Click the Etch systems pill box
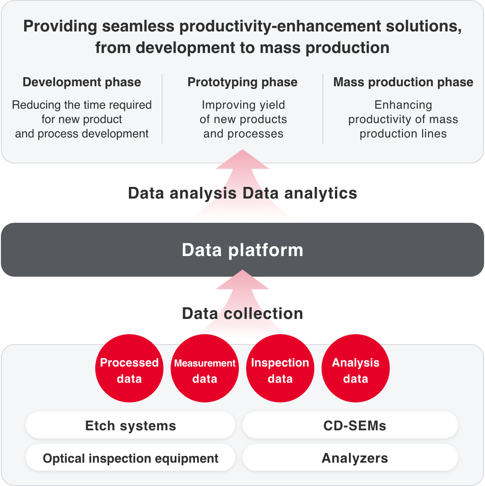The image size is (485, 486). click(x=130, y=425)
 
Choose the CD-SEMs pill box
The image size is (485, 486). click(x=350, y=425)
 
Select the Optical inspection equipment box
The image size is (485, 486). click(x=130, y=458)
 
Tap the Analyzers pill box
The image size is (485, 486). click(x=350, y=458)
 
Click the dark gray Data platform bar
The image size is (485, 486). click(x=242, y=250)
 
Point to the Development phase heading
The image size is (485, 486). click(x=82, y=82)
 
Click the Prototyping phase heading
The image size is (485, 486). click(x=242, y=82)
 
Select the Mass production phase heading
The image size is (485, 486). click(x=403, y=82)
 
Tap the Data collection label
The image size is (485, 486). click(x=242, y=313)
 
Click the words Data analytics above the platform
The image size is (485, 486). click(x=300, y=193)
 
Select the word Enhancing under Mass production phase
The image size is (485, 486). click(x=403, y=105)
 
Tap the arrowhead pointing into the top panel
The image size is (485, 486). click(x=242, y=159)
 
